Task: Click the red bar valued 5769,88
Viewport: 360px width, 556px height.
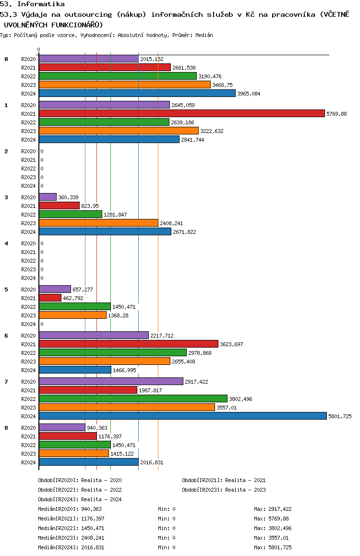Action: coord(182,113)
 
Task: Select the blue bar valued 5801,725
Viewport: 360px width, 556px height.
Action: coord(183,416)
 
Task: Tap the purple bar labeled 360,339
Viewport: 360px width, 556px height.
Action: coord(48,197)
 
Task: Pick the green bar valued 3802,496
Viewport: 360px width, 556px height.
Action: coord(133,399)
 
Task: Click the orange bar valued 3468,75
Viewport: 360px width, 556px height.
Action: coord(125,85)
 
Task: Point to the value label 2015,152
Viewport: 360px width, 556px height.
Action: coord(152,59)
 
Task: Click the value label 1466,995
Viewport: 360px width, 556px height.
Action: coord(124,370)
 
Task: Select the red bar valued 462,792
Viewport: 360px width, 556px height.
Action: coord(50,298)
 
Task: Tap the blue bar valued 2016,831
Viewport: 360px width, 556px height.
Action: coord(89,462)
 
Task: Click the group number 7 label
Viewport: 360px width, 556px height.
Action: coord(6,382)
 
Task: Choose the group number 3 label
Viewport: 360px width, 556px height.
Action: coord(6,197)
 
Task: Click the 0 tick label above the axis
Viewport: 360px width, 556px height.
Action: coord(38,49)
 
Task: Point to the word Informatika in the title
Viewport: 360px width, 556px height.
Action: coord(41,4)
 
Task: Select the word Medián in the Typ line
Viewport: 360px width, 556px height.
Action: coord(204,35)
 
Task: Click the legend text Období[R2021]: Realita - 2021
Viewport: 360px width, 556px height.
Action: coord(224,480)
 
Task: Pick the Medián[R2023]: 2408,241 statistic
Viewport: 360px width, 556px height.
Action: coord(71,538)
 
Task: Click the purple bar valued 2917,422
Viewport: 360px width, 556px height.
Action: coord(111,381)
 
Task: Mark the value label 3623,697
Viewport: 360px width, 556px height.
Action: coord(231,344)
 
